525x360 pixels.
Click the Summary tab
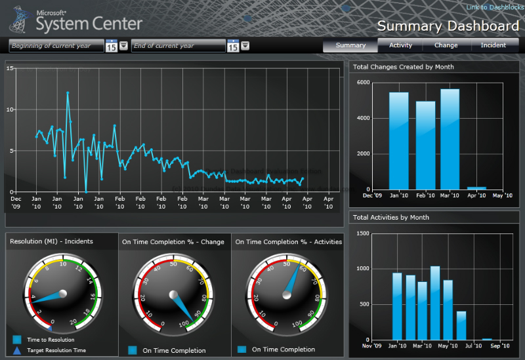pos(350,45)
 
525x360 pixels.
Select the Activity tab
pos(400,45)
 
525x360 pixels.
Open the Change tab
pos(446,45)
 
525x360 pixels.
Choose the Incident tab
pos(493,45)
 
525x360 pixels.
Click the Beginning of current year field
pos(56,46)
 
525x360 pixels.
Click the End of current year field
pos(178,46)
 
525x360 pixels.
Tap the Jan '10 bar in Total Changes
pos(398,141)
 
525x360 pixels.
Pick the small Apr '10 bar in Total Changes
pos(476,188)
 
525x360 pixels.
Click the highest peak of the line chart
pos(68,93)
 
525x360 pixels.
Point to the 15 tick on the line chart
pos(10,68)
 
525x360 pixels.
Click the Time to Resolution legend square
pos(16,340)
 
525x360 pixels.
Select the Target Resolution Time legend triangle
pos(16,350)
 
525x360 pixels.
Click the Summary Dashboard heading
pos(448,26)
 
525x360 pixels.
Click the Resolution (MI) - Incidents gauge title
pos(51,241)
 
